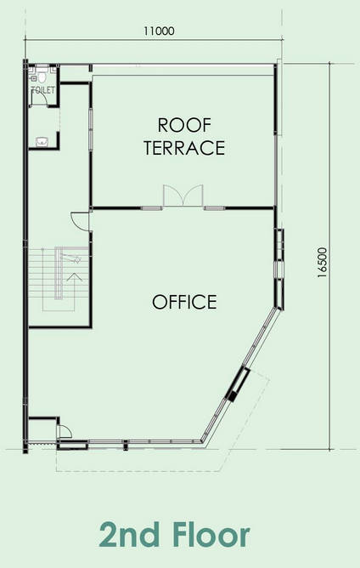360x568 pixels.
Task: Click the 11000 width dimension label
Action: [159, 31]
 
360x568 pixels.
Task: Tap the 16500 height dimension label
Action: [322, 263]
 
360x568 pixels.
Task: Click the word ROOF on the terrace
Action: [184, 125]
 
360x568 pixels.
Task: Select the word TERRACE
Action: [184, 148]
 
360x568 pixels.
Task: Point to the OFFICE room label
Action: [184, 302]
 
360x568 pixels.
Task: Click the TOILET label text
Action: [43, 90]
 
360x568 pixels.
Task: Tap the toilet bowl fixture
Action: [42, 77]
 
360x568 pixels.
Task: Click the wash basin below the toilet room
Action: [42, 142]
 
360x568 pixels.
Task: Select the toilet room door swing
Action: [39, 97]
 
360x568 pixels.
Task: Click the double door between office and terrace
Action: [183, 196]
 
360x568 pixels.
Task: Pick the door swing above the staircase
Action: [80, 220]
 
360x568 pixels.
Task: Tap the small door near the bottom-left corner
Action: [64, 431]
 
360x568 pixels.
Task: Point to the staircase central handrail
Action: [59, 273]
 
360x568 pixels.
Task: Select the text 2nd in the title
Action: [129, 535]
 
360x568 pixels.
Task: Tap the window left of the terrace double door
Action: [151, 208]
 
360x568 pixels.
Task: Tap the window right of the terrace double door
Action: [215, 208]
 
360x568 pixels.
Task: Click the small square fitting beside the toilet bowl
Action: [34, 78]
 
